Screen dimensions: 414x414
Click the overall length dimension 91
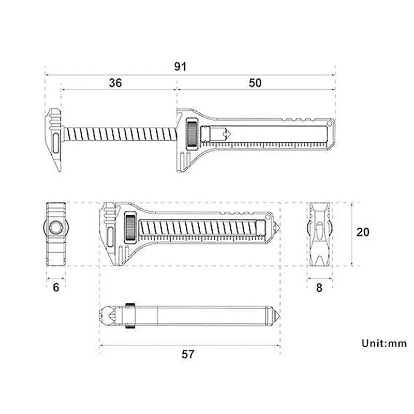(x=180, y=67)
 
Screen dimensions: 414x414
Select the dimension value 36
(x=115, y=83)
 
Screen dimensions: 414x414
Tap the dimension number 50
(x=255, y=83)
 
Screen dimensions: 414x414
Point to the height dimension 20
(x=363, y=232)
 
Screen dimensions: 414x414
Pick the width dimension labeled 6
(x=56, y=287)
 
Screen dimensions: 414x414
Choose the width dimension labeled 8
(x=319, y=287)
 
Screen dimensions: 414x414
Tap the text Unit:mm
(x=384, y=343)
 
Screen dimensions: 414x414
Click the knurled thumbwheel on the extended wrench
(x=191, y=136)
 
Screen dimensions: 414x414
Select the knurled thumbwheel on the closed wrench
(x=131, y=227)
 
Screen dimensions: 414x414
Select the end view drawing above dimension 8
(x=320, y=234)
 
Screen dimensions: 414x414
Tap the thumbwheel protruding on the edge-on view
(x=130, y=315)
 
